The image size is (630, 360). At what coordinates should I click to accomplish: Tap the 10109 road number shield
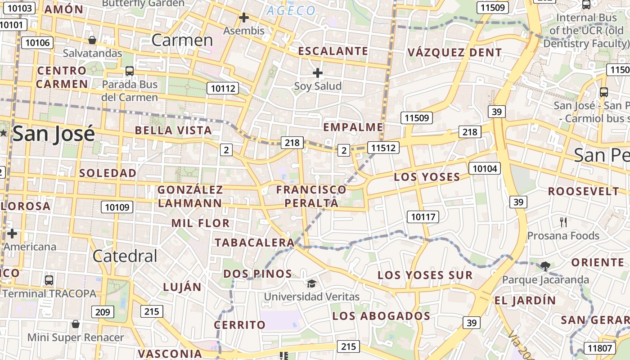click(117, 207)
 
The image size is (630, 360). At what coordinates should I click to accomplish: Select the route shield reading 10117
click(423, 217)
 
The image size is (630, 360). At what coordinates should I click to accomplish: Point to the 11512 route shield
click(383, 147)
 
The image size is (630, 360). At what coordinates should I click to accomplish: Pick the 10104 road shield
click(485, 168)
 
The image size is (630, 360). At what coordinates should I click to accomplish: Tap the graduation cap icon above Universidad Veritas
click(311, 283)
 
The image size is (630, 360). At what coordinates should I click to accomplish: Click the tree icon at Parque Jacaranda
click(545, 266)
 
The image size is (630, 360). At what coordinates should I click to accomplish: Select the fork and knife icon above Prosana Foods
click(563, 221)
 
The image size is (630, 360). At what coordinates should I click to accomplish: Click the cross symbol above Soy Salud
click(318, 72)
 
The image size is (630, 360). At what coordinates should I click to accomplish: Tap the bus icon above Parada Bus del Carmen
click(130, 71)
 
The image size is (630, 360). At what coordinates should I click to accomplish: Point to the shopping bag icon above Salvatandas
click(92, 40)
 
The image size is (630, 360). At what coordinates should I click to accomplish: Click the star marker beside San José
click(4, 133)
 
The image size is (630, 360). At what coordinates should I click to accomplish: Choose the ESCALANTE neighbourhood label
click(333, 51)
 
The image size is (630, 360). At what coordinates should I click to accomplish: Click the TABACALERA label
click(254, 243)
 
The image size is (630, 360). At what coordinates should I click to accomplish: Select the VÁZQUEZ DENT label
click(454, 52)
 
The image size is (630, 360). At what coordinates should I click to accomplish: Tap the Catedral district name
click(125, 256)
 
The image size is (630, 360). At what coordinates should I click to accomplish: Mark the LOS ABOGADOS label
click(381, 316)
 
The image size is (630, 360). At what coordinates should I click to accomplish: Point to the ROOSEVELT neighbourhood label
click(584, 191)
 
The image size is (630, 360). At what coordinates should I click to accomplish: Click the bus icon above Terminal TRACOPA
click(49, 280)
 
